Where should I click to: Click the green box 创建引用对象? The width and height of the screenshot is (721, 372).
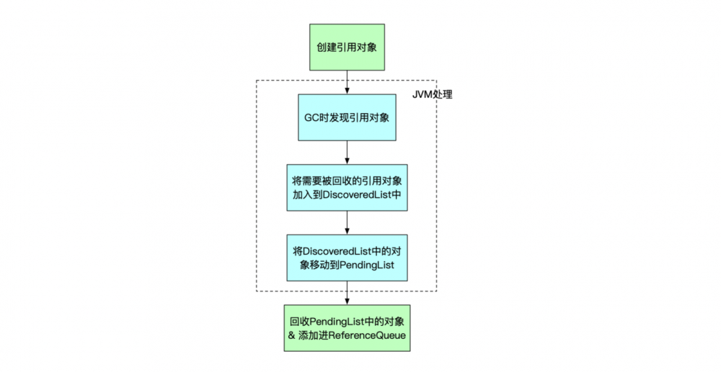[x=348, y=47]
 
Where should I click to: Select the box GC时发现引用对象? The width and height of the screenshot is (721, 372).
[x=348, y=117]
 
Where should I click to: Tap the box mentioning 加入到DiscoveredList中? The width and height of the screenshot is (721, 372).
[x=348, y=187]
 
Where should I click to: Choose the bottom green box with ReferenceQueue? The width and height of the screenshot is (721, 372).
[x=348, y=327]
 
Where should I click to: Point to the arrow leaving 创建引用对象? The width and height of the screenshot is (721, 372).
[x=348, y=81]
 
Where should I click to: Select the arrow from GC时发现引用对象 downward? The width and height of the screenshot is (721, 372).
[x=348, y=151]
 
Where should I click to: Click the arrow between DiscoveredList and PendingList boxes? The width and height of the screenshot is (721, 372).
[x=348, y=221]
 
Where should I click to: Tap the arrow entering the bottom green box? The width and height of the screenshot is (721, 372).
[x=348, y=292]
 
